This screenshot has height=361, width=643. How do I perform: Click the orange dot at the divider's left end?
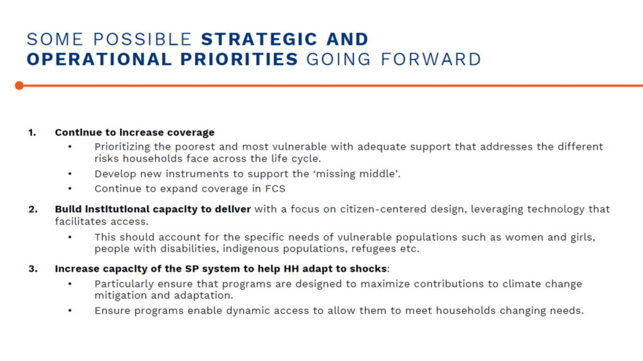point(19,85)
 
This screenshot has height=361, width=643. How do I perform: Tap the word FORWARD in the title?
point(431,60)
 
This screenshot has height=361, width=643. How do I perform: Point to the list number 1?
point(32,133)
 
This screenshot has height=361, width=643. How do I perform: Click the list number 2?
point(33,209)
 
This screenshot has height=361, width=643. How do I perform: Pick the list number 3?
point(33,269)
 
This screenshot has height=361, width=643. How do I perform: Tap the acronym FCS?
point(275,189)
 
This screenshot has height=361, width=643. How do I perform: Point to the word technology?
point(556,209)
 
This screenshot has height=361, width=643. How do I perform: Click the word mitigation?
point(121,296)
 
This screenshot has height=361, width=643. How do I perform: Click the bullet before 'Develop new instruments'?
point(70,174)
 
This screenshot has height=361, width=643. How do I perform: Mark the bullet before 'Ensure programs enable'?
point(70,311)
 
